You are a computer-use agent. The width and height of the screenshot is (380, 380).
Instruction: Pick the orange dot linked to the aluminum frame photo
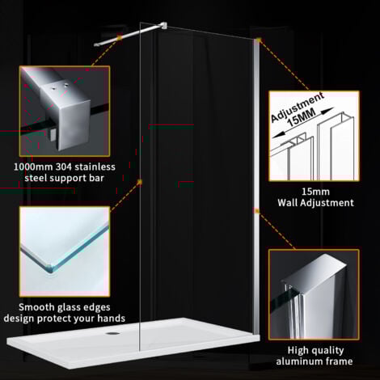coord(257,212)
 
